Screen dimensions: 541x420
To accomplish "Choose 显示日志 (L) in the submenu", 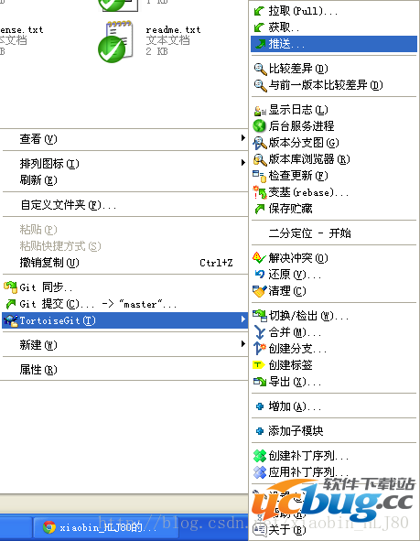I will click(x=301, y=110).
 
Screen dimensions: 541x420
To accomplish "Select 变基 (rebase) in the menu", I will click(x=308, y=192).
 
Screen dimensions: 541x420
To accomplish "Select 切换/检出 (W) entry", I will click(x=308, y=316).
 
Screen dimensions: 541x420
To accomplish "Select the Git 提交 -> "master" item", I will click(x=92, y=304).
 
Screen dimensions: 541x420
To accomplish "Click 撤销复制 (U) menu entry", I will click(x=49, y=263).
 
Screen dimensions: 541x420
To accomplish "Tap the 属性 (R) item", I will click(x=38, y=370).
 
